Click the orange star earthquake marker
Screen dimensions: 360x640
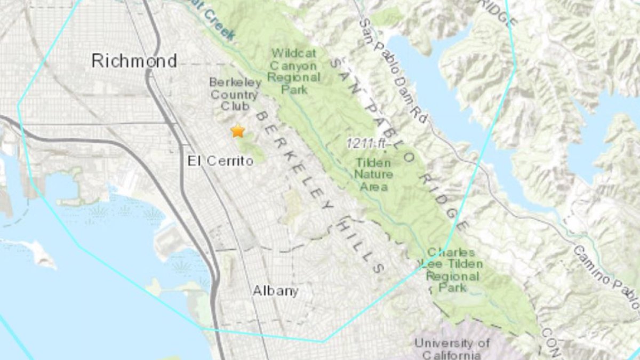coord(237,131)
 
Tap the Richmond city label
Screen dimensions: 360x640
coord(134,61)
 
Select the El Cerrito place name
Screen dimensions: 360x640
coord(220,161)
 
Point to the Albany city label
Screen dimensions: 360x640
coord(275,291)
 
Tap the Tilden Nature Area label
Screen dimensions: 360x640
coord(374,174)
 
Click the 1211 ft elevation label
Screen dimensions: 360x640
coord(368,143)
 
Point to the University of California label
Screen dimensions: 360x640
coord(452,349)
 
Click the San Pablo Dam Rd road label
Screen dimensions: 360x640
coord(393,69)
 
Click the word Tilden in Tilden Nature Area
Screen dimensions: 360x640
coord(373,163)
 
